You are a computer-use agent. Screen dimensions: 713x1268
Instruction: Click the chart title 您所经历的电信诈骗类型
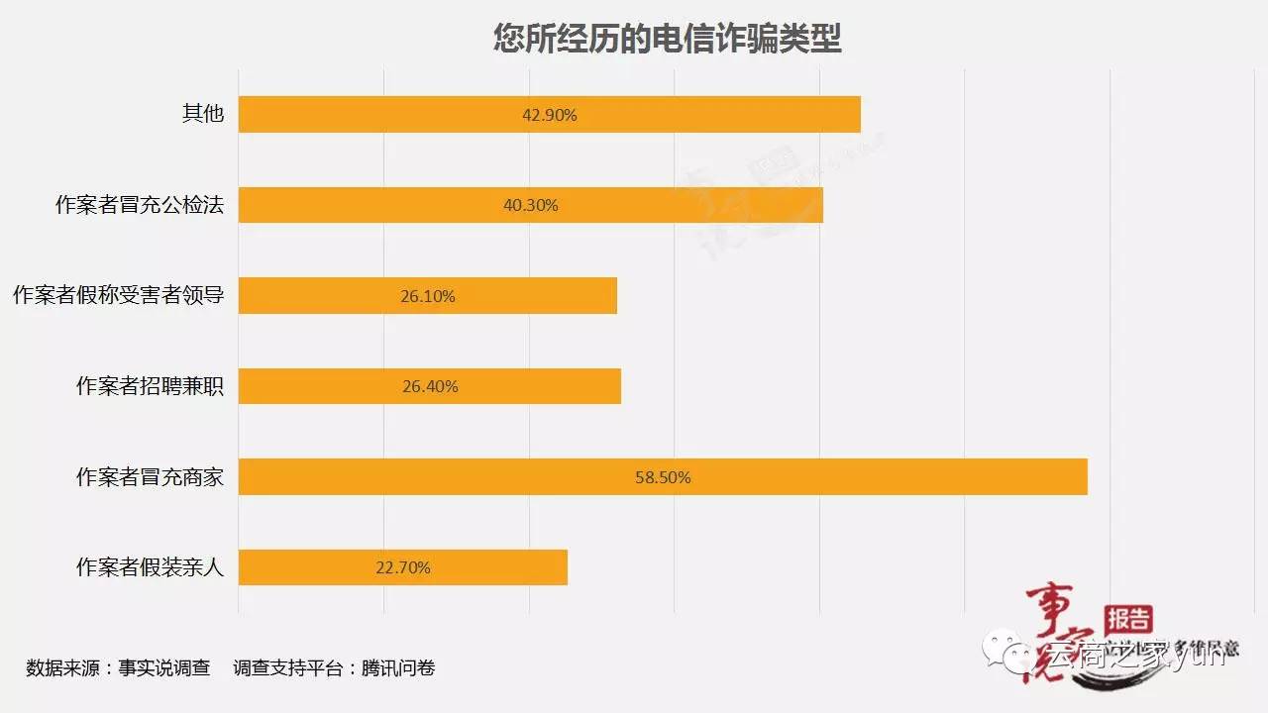[x=668, y=39]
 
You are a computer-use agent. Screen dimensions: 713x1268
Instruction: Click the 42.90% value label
[x=550, y=115]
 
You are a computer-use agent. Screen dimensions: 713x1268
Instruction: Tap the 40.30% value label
[x=531, y=206]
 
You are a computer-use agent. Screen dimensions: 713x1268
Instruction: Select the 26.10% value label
[x=428, y=296]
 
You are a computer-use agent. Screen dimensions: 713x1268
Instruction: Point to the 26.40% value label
[x=430, y=387]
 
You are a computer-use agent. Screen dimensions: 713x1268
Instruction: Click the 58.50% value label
[x=663, y=477]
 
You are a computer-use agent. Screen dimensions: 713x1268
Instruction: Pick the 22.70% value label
[x=403, y=568]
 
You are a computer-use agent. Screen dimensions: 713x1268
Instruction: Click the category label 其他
[x=203, y=114]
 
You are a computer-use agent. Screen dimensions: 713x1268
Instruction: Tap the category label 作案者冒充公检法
[x=140, y=205]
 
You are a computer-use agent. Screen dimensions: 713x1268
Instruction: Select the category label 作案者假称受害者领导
[x=118, y=296]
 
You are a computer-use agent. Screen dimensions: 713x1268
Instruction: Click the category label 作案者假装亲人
[x=151, y=567]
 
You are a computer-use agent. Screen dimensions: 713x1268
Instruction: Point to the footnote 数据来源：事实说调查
[x=118, y=667]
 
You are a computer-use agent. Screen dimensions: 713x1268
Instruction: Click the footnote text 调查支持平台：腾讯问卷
[x=334, y=667]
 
